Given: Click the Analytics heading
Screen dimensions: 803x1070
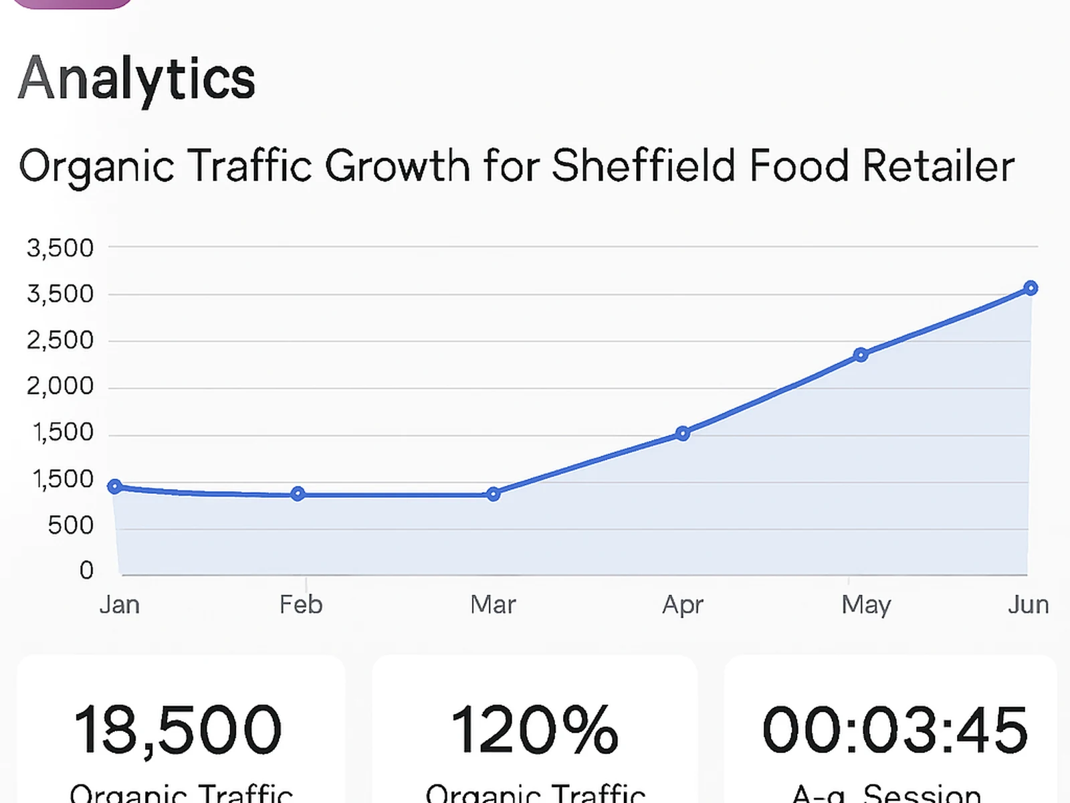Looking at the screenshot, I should click(136, 79).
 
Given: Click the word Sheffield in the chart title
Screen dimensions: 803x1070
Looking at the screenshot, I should click(643, 165).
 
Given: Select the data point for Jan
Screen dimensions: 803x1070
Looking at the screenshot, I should click(115, 486).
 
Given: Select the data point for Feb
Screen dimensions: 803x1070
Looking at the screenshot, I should click(298, 494).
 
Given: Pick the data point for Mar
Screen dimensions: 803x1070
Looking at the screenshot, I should click(494, 495).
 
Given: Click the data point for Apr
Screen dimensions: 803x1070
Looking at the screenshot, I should click(682, 434).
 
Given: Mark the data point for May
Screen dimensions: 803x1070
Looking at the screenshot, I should click(861, 355).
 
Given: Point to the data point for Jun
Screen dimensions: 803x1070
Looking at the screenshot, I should click(1031, 288).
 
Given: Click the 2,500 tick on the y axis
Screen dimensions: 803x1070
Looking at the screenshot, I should click(60, 341).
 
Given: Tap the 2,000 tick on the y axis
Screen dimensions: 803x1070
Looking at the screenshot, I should click(60, 386).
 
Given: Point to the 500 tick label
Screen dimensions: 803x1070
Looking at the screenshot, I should click(70, 525).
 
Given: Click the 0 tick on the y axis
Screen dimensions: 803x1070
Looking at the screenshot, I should click(86, 570).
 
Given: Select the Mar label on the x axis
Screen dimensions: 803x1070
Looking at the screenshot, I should click(493, 605).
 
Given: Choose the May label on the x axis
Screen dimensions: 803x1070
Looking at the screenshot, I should click(866, 605).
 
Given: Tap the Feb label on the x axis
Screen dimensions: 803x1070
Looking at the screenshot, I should click(301, 605).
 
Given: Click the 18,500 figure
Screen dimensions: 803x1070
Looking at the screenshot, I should click(178, 730).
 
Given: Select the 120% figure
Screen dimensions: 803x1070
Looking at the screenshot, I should click(534, 730).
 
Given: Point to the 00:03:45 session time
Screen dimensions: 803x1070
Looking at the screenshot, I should click(894, 730).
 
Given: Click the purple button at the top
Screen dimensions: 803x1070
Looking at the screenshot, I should click(74, 3).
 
